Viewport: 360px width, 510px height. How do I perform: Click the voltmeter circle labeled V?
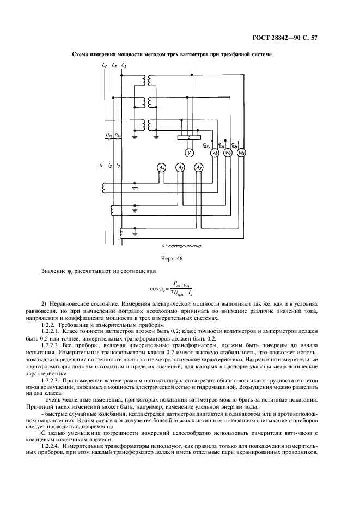pyautogui.click(x=188, y=153)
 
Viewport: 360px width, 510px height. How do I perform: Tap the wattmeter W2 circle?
pyautogui.click(x=229, y=153)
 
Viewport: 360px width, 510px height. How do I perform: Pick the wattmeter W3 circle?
pyautogui.click(x=242, y=153)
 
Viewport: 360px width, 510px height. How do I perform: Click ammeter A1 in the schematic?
pyautogui.click(x=162, y=168)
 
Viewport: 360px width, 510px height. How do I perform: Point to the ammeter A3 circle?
pyautogui.click(x=199, y=168)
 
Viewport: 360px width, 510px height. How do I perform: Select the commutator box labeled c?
pyautogui.click(x=188, y=138)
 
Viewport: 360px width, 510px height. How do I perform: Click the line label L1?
pyautogui.click(x=104, y=66)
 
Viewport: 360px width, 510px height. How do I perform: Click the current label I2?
pyautogui.click(x=109, y=165)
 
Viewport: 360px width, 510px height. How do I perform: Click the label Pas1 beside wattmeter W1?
pyautogui.click(x=205, y=145)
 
